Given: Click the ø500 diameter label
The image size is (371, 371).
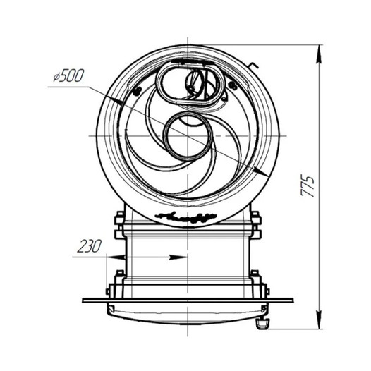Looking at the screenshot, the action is tap(68, 75).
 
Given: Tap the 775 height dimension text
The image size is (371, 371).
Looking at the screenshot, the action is tap(308, 186).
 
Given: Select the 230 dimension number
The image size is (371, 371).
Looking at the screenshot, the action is tap(90, 246).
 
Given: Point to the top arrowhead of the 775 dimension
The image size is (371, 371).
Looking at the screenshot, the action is tap(320, 54).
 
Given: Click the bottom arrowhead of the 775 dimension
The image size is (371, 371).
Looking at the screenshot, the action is tap(320, 320).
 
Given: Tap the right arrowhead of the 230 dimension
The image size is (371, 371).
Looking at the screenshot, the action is tap(178, 257).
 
